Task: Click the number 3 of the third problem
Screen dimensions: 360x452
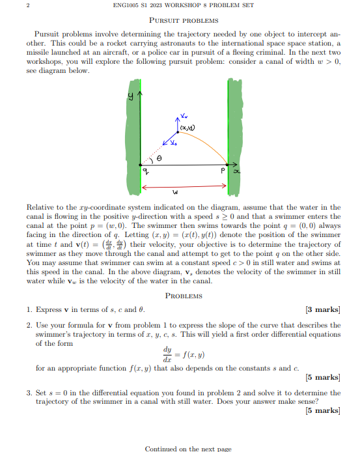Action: click(x=29, y=393)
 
